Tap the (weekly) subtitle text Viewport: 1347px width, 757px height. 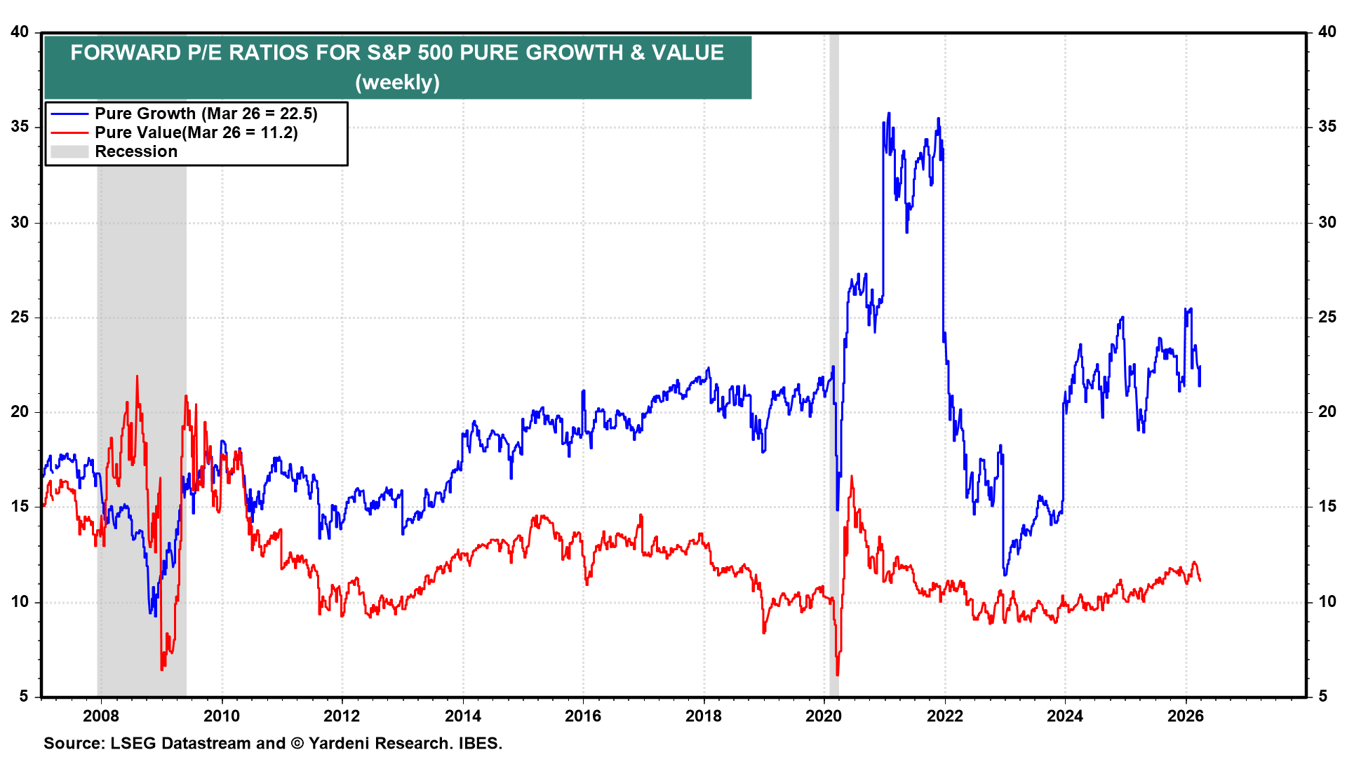[x=397, y=83]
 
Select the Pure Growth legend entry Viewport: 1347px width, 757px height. [x=206, y=114]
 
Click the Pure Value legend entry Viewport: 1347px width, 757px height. [x=196, y=132]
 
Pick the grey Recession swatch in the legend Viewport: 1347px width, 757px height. [x=69, y=151]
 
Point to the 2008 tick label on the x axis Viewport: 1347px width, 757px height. [x=100, y=716]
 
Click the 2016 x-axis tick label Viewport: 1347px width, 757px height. [x=583, y=716]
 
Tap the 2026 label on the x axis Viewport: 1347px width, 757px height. [x=1186, y=716]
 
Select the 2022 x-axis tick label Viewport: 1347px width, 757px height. [x=945, y=716]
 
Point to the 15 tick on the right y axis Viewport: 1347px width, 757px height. [x=1327, y=507]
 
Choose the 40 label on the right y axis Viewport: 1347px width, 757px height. [x=1327, y=32]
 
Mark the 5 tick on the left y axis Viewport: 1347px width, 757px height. [x=24, y=696]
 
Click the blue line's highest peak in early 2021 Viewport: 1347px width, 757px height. [x=889, y=113]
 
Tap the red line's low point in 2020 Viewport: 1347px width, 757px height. [x=838, y=675]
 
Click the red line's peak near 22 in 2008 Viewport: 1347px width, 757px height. [x=137, y=376]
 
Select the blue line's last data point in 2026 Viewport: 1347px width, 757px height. [x=1200, y=367]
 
